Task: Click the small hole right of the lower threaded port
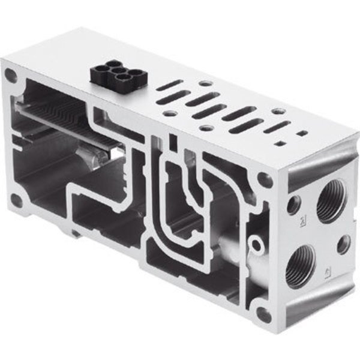(x=343, y=244)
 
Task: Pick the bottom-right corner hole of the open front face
(x=262, y=314)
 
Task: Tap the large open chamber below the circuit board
(x=48, y=168)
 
